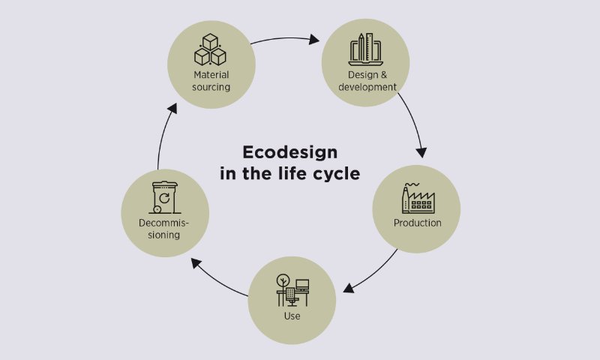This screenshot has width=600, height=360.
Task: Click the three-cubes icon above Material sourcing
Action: point(210,49)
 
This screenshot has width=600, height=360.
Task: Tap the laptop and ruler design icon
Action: point(365,49)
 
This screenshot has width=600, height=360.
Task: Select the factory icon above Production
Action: point(418,198)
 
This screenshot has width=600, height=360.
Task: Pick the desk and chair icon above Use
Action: point(292,290)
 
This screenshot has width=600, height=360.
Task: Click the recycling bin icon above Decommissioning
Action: point(165,197)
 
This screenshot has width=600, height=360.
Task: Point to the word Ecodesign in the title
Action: point(290,152)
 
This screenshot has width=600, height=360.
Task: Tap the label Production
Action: point(418,223)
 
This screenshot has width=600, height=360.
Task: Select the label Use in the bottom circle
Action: point(292,316)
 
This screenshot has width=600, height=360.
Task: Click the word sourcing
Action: point(211,87)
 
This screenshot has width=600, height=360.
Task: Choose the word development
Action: point(367,87)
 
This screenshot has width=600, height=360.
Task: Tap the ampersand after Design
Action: point(383,75)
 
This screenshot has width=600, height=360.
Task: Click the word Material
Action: point(211,74)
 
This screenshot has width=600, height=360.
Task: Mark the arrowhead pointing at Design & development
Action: point(314,39)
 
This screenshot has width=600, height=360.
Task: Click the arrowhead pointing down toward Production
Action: point(421,152)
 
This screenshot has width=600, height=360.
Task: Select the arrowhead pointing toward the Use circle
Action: point(348,288)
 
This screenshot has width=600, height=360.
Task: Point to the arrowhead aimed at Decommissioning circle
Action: point(196,262)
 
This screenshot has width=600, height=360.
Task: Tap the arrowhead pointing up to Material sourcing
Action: point(172,108)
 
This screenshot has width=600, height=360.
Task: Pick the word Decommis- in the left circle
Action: point(164,223)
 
